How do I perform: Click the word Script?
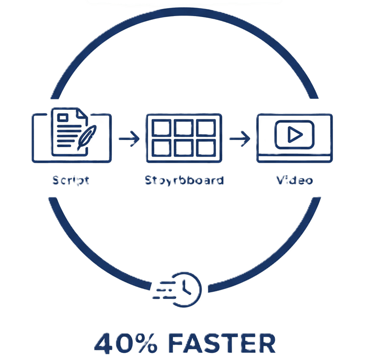(x=71, y=180)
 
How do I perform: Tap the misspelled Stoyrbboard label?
(x=184, y=180)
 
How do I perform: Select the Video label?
(x=295, y=180)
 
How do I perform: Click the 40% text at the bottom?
(x=124, y=344)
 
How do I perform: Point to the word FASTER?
(x=222, y=344)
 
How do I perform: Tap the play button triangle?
(x=295, y=135)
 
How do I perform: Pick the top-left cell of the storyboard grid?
(x=163, y=128)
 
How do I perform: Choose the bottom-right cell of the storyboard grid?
(x=206, y=149)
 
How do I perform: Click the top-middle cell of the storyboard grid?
(x=184, y=128)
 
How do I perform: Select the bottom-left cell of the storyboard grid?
(x=163, y=149)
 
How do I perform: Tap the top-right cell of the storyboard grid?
(x=206, y=128)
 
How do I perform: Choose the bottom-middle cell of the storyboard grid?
(x=184, y=149)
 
